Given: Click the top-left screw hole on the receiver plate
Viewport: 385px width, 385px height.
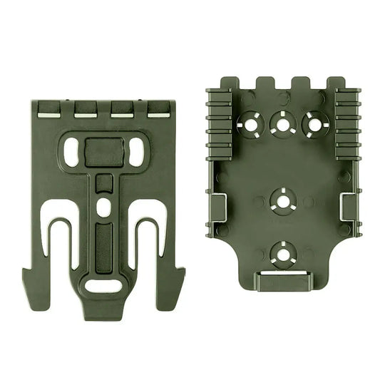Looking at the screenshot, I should pos(251,123).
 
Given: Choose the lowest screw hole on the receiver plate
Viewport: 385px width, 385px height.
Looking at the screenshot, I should pos(283,252).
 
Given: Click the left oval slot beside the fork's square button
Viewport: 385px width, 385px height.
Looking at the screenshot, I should pos(73,149).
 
